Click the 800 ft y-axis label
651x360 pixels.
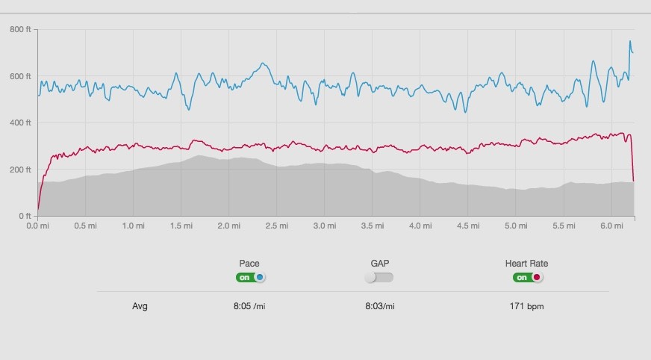[20, 29]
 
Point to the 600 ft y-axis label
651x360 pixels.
[20, 76]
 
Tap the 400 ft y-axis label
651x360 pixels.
[20, 122]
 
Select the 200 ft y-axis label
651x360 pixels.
[20, 170]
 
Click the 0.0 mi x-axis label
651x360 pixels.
[37, 225]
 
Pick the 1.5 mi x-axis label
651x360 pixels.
[181, 225]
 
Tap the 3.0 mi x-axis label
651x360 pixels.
[324, 225]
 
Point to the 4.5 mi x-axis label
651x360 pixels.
[467, 225]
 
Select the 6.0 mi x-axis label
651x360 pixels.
[611, 225]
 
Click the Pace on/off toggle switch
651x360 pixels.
[250, 277]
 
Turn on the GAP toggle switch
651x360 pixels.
[379, 277]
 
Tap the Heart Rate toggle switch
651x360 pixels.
[527, 277]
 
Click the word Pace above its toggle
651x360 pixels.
[249, 264]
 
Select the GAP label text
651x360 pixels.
[380, 264]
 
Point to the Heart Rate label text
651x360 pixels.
[526, 264]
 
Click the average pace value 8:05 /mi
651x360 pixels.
[249, 306]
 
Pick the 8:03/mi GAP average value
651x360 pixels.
[380, 306]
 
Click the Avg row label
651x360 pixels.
[140, 306]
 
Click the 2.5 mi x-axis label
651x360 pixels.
[276, 225]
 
